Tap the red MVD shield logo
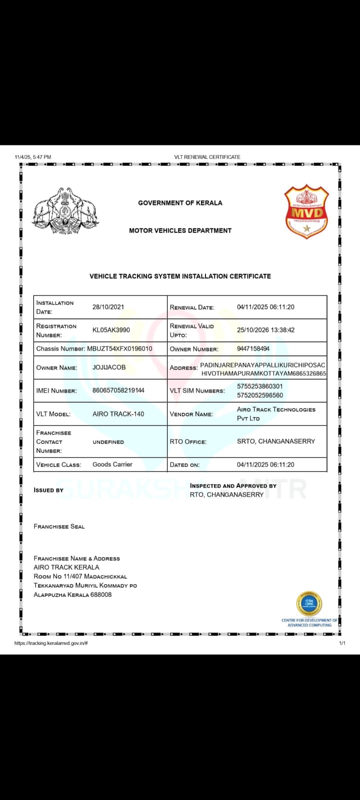[306, 211]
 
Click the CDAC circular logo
[309, 603]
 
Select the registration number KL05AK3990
[111, 330]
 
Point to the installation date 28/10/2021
[108, 307]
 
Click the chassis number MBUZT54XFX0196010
[119, 348]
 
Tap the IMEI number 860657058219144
[118, 390]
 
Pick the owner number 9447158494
[253, 348]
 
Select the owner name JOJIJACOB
[109, 367]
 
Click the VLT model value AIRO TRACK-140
[118, 414]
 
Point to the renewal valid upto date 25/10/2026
[265, 330]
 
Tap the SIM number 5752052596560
[259, 395]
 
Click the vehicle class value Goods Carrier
[112, 464]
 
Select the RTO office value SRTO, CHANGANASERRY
[276, 441]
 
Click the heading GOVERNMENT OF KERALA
[180, 203]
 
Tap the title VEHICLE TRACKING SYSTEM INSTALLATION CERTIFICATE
[180, 276]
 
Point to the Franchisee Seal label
[59, 526]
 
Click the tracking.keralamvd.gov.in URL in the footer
[51, 643]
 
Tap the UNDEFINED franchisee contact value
[108, 442]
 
